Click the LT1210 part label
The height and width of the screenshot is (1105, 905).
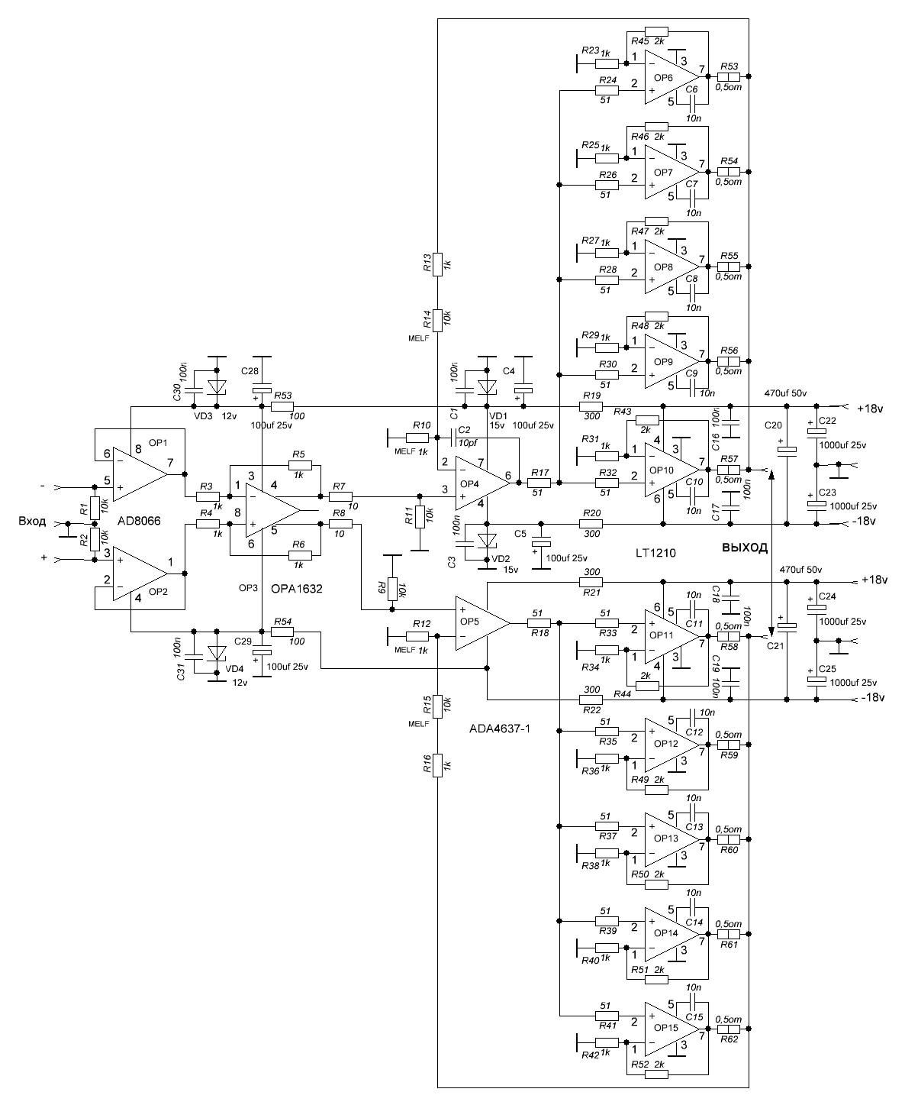tap(655, 551)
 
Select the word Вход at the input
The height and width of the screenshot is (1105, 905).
tap(32, 522)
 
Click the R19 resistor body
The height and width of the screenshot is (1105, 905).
tap(591, 406)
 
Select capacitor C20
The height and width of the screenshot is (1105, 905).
tap(787, 451)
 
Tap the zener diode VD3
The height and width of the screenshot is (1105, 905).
tap(217, 387)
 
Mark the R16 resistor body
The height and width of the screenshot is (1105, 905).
tap(438, 764)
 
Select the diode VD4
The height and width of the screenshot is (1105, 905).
tap(217, 654)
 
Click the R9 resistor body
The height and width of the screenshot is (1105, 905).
tap(391, 588)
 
